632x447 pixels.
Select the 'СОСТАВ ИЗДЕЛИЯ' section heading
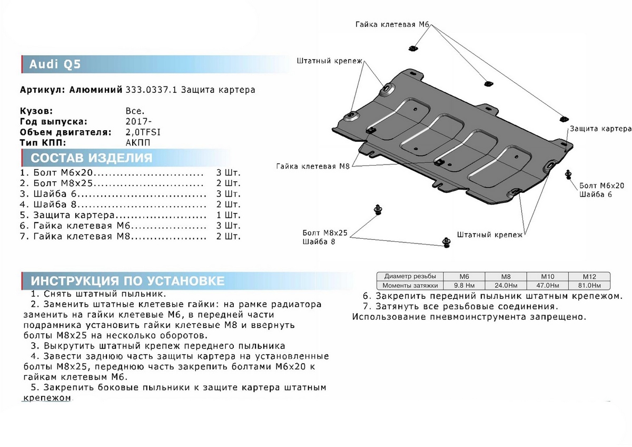tap(92, 158)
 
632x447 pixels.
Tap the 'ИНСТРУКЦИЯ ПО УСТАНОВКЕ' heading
tap(127, 280)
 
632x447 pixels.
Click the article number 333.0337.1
tap(151, 90)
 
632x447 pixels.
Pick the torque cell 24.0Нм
tap(506, 285)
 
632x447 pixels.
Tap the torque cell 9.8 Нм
tap(463, 285)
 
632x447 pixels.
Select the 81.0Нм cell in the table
tap(589, 285)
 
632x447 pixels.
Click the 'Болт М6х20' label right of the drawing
tap(601, 186)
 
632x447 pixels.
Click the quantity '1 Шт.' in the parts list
tap(228, 215)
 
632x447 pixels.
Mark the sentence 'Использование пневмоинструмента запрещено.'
tap(469, 317)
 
